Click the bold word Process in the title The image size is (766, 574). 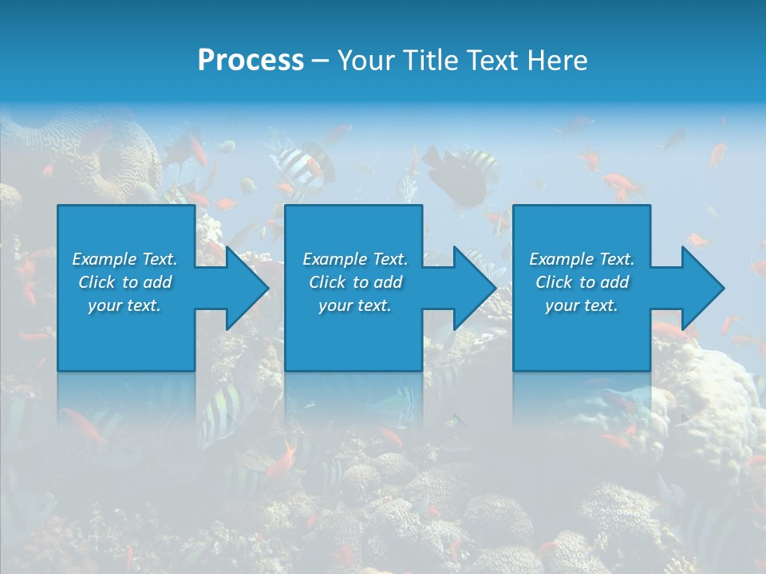[x=251, y=61]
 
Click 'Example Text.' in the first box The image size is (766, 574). [x=124, y=259]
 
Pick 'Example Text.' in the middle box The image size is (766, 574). [x=355, y=259]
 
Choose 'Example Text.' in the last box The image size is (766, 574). [x=582, y=259]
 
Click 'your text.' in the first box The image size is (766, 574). [x=124, y=305]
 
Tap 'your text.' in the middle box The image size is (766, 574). [x=355, y=305]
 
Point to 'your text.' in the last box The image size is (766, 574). [x=582, y=305]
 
